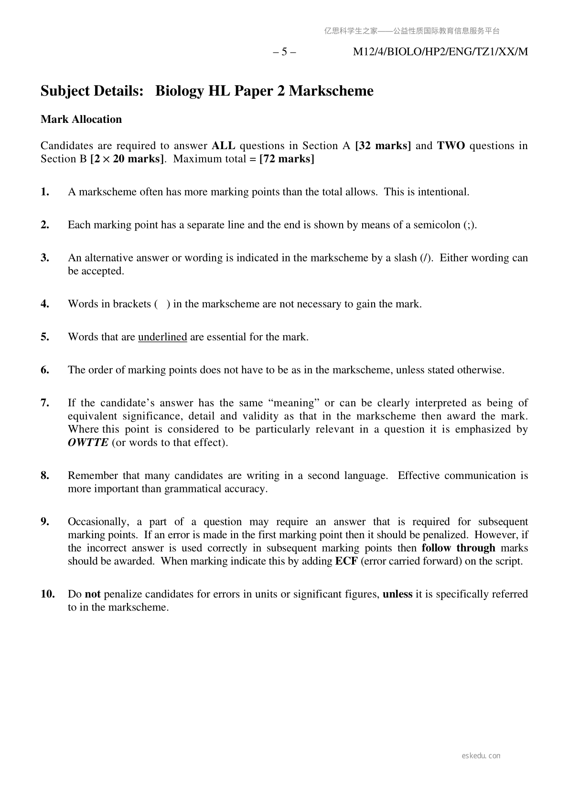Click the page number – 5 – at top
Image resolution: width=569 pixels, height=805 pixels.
[x=284, y=52]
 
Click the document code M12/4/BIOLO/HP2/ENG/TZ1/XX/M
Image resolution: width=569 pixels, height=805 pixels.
[x=440, y=52]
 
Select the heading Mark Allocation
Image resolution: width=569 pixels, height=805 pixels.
[x=81, y=119]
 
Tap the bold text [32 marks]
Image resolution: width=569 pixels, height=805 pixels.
[x=383, y=146]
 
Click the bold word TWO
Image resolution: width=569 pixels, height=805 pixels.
[x=451, y=146]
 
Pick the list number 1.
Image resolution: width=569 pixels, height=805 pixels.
[x=45, y=192]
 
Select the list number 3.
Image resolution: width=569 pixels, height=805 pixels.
[x=45, y=258]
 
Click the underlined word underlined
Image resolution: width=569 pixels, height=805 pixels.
[x=162, y=337]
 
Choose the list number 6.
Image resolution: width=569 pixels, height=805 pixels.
[x=45, y=370]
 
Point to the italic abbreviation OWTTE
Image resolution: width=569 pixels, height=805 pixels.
[x=88, y=442]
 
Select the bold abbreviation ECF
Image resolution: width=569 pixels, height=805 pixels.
[x=346, y=561]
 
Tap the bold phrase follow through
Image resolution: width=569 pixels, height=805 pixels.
[x=458, y=548]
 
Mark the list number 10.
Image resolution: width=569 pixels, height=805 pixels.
[x=47, y=594]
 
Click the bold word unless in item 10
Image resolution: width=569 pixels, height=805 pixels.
[x=397, y=594]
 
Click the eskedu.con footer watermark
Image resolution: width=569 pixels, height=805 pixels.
[x=481, y=756]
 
